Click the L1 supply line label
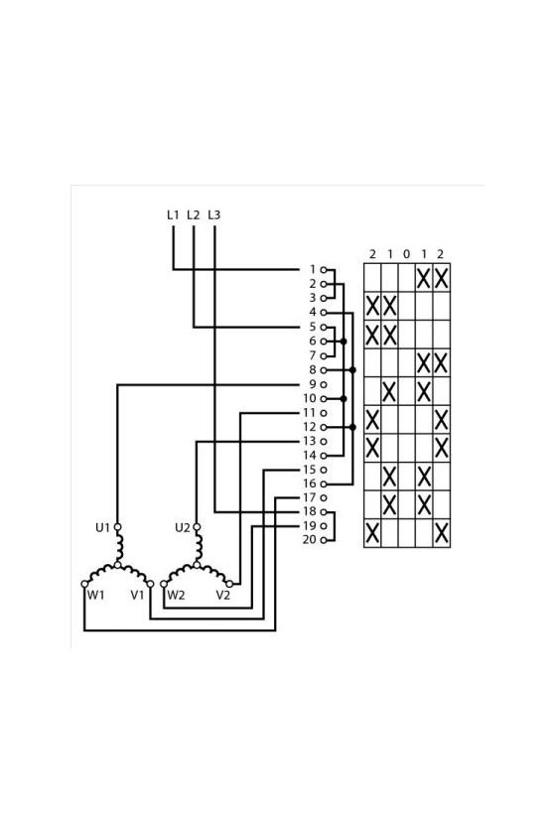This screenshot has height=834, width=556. click(173, 214)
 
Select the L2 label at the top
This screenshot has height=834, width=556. click(194, 214)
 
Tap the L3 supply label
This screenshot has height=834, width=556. click(213, 214)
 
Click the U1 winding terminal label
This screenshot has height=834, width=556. click(102, 527)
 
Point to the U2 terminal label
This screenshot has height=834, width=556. click(182, 527)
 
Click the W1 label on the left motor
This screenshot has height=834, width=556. click(95, 595)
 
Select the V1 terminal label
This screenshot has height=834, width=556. click(137, 595)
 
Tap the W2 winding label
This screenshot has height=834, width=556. click(176, 595)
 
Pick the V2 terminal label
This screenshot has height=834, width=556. click(223, 595)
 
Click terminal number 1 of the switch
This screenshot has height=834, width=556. click(313, 269)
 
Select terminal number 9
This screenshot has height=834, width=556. click(313, 384)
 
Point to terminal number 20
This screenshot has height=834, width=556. click(309, 539)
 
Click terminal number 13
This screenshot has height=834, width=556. click(309, 441)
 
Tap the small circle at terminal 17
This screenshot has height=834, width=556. click(324, 497)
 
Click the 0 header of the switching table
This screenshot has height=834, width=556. click(406, 254)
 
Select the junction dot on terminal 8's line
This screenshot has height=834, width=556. click(352, 369)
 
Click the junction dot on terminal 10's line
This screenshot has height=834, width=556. click(344, 398)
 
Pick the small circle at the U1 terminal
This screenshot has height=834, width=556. click(117, 527)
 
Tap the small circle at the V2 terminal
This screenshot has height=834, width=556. click(230, 584)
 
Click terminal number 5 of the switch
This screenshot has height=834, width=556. click(313, 327)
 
